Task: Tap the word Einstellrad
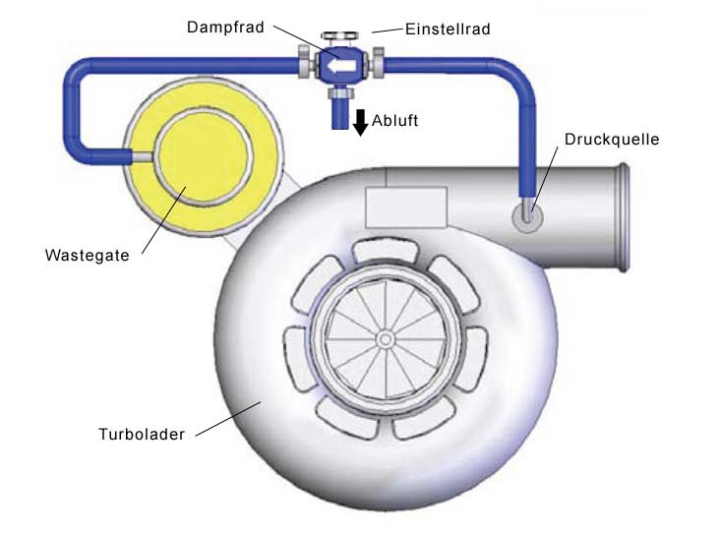[447, 30]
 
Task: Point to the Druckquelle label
[611, 139]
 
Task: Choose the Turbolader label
[142, 433]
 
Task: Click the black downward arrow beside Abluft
[361, 122]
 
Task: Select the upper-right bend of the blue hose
[517, 75]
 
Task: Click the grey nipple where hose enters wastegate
[144, 155]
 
